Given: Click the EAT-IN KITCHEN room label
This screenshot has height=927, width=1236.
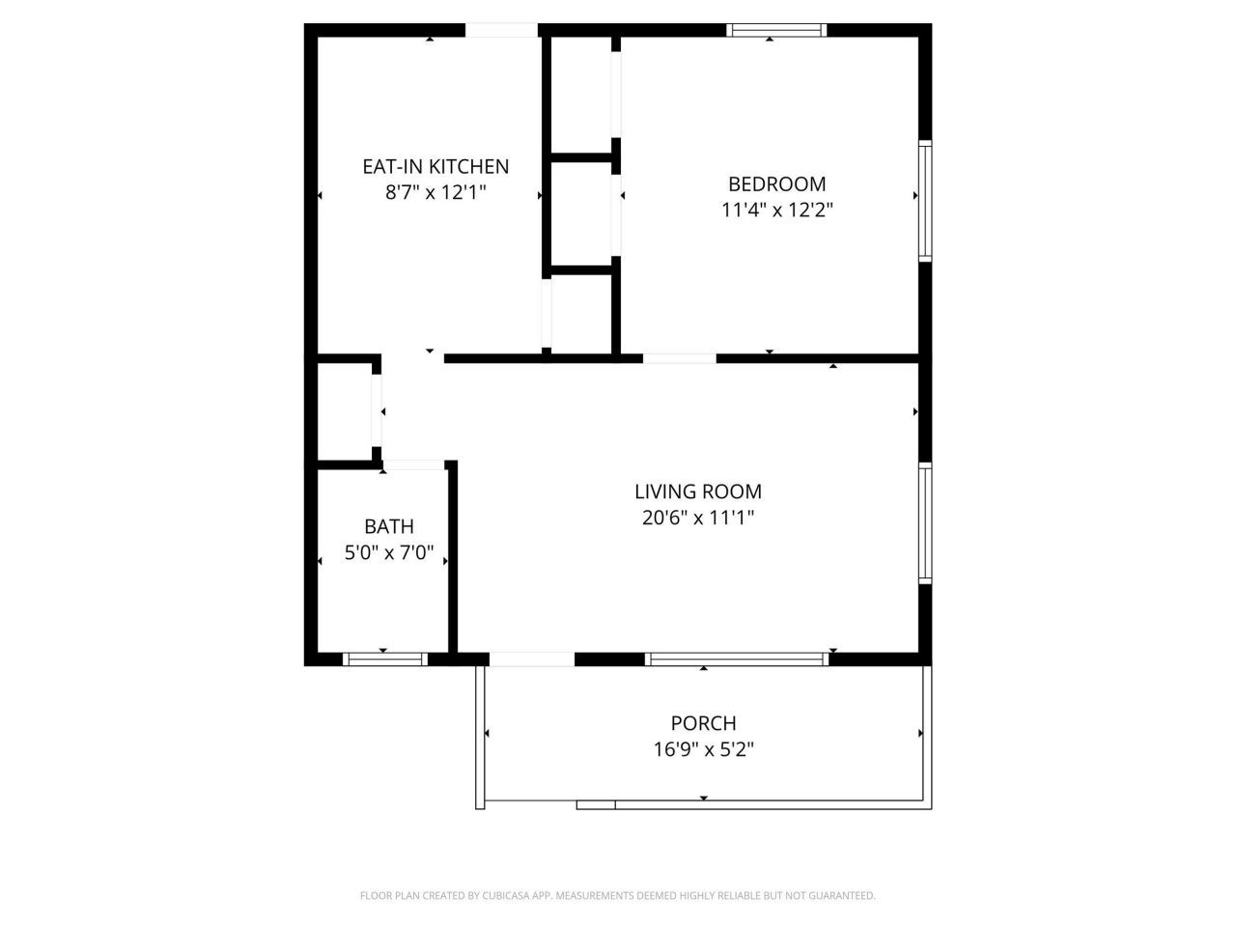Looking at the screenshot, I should pyautogui.click(x=435, y=166).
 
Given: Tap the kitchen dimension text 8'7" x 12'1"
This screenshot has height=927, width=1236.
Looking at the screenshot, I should pyautogui.click(x=435, y=192).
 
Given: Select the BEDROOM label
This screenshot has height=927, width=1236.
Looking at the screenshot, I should pyautogui.click(x=776, y=183).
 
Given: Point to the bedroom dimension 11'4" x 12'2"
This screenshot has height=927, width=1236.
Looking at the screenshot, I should pyautogui.click(x=776, y=210).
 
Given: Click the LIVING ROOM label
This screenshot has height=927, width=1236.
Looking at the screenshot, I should pyautogui.click(x=697, y=492).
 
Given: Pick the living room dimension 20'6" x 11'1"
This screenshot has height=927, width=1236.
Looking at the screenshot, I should pyautogui.click(x=697, y=518).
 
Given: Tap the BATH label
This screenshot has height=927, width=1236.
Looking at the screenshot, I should pyautogui.click(x=389, y=526).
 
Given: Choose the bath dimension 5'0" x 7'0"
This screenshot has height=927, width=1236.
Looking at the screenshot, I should pyautogui.click(x=389, y=554).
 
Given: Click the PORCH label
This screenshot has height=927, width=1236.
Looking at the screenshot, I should pyautogui.click(x=703, y=722).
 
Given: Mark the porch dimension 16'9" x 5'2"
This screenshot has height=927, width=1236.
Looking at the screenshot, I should pyautogui.click(x=703, y=748).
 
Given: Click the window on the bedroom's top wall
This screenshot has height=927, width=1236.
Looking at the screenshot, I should pyautogui.click(x=776, y=30).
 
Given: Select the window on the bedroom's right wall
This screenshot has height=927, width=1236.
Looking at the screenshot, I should pyautogui.click(x=925, y=201).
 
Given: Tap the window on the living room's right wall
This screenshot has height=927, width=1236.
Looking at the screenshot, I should pyautogui.click(x=925, y=523).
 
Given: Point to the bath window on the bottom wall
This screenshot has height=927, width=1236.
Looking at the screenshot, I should pyautogui.click(x=385, y=660).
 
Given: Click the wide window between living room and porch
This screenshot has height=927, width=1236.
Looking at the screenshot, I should pyautogui.click(x=737, y=660).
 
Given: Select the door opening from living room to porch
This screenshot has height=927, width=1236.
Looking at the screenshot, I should pyautogui.click(x=532, y=660).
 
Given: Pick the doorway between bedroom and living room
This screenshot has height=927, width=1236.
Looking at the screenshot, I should pyautogui.click(x=680, y=358).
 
